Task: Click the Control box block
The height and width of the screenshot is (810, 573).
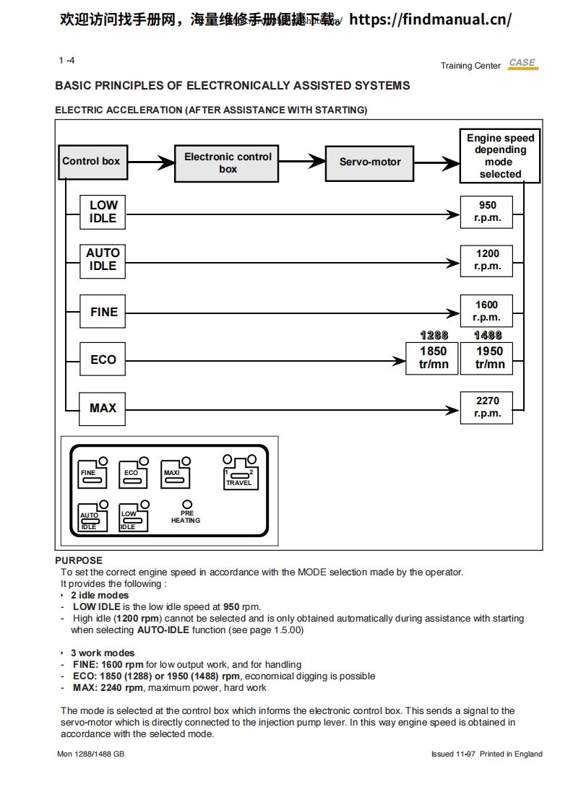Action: click(91, 162)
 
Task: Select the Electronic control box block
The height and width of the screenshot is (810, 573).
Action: click(227, 163)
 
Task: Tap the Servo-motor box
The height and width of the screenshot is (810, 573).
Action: click(369, 162)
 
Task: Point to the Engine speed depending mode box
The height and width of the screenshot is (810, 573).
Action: click(500, 156)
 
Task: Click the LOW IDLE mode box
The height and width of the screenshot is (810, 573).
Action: click(103, 212)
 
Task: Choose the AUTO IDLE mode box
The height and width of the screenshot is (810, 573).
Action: click(103, 259)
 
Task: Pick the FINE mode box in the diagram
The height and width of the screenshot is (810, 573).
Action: click(103, 312)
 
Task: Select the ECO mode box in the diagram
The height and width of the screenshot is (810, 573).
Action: click(103, 360)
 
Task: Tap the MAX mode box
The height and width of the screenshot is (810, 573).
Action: click(103, 409)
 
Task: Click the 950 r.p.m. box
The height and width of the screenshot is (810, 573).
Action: click(487, 212)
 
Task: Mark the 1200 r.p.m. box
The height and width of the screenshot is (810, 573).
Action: click(487, 260)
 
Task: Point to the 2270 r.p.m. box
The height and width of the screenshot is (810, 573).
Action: click(487, 407)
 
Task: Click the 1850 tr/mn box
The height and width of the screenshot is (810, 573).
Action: click(434, 358)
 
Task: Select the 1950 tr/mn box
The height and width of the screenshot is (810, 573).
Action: click(489, 358)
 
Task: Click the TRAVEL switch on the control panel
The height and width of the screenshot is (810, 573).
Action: click(239, 476)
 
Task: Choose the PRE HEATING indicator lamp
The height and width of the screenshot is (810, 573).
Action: click(186, 505)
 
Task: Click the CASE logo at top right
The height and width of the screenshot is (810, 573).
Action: click(522, 64)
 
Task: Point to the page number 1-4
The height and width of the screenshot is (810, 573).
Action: click(66, 61)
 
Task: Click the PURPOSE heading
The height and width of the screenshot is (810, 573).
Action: click(79, 560)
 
